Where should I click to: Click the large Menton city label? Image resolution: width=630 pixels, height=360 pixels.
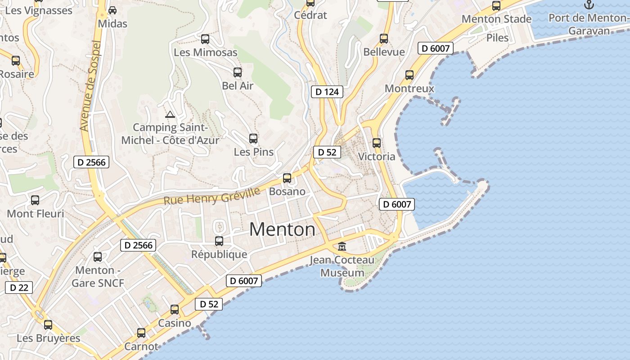coord(282,229)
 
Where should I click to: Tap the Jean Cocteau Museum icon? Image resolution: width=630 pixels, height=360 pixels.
coord(342,246)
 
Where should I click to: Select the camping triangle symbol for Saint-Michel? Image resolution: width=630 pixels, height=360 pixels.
coord(170,114)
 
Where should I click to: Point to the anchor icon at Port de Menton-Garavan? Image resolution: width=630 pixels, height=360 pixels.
coord(589,5)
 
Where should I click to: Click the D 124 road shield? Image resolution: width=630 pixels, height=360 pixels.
coord(327,92)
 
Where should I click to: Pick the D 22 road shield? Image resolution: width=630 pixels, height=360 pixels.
coord(19,287)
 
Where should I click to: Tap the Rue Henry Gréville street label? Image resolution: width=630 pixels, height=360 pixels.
coord(211,196)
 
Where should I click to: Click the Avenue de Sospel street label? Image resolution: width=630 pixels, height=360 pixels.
coord(90,85)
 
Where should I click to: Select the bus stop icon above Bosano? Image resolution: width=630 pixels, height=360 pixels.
coord(287,178)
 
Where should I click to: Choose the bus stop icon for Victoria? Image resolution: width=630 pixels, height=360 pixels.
coord(377,143)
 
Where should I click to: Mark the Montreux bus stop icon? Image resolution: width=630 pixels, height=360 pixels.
coord(409,75)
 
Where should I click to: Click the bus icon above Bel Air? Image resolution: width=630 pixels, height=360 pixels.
coord(238,72)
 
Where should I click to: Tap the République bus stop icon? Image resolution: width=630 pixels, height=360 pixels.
coord(219,241)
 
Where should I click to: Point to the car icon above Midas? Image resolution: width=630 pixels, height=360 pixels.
coord(112,10)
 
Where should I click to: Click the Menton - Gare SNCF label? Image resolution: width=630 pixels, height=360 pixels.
coord(97,276)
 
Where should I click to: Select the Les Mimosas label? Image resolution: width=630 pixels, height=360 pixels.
coord(205,52)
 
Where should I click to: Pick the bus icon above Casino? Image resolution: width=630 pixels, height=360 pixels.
coord(175,310)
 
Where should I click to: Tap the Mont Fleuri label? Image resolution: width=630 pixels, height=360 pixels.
coord(36,213)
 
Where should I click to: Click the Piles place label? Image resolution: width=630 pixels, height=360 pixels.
coord(497,38)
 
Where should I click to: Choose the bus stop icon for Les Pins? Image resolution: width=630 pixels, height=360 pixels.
coord(253,139)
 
